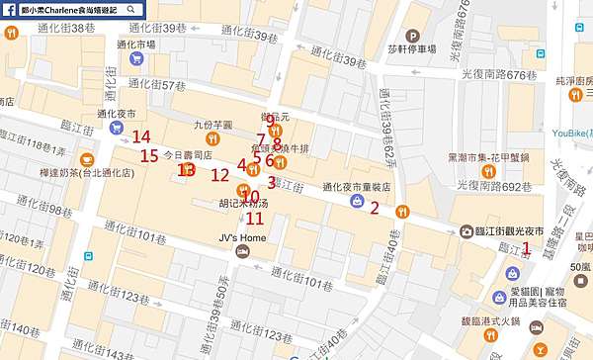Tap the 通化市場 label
coord(136,45)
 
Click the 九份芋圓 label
coord(212,126)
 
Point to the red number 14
coord(141,137)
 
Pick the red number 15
coord(149,155)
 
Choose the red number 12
coord(219,175)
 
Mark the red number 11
coord(255,219)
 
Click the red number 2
coord(374,207)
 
